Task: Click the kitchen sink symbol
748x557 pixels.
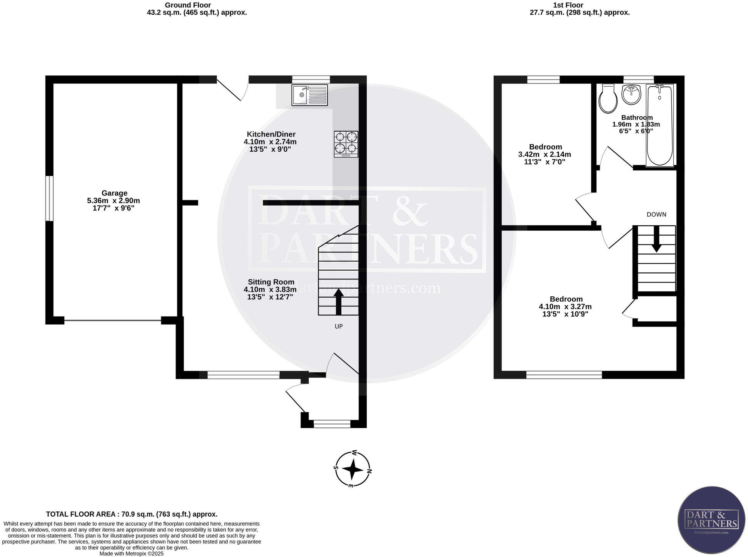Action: [x=310, y=95]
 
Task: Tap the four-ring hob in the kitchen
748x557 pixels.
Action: [x=346, y=144]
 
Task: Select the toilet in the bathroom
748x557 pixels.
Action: [x=608, y=99]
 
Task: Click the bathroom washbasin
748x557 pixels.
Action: [x=631, y=95]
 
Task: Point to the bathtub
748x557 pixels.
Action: [x=660, y=125]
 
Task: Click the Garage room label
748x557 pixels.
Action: [x=114, y=193]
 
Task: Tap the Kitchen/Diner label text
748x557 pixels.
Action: [x=271, y=134]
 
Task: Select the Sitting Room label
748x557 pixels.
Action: [x=271, y=282]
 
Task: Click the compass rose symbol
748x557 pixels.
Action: [x=352, y=469]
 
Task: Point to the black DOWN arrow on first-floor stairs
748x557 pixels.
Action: [x=656, y=239]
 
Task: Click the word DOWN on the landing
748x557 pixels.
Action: [x=656, y=214]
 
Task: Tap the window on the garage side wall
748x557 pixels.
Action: [x=49, y=198]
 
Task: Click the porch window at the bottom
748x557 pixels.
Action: [x=332, y=424]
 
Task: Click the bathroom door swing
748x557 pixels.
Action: [x=616, y=158]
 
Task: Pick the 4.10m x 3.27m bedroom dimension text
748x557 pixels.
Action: [x=565, y=307]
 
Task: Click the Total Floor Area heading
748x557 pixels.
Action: [x=132, y=514]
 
